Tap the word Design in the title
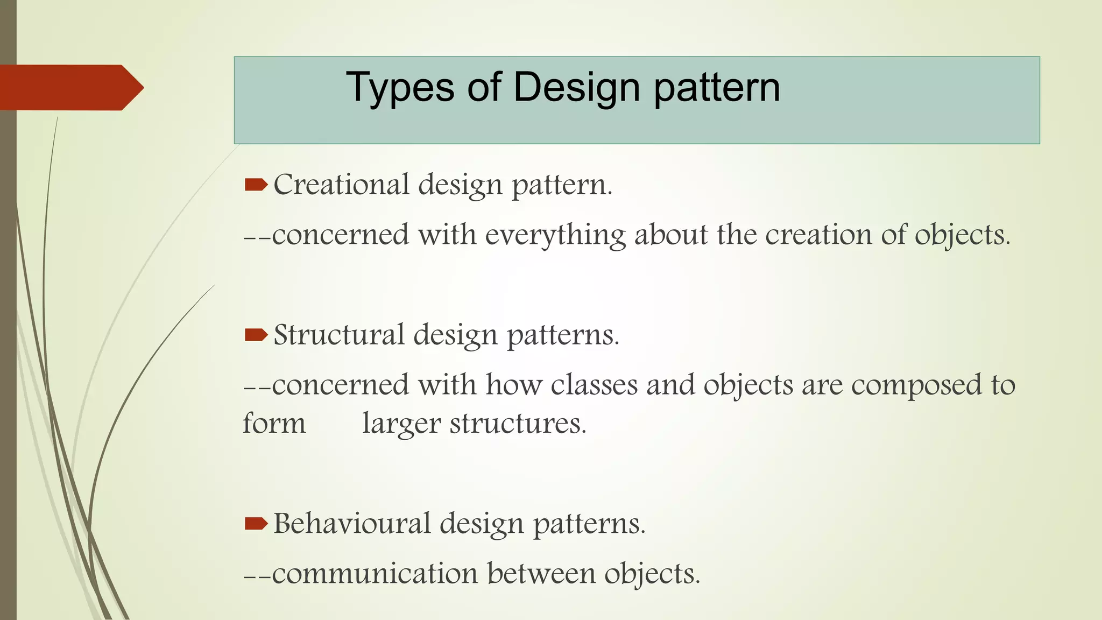click(x=576, y=87)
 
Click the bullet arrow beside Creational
click(x=256, y=186)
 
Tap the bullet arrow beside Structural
click(x=256, y=336)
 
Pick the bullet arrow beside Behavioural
click(x=256, y=524)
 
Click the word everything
click(x=555, y=235)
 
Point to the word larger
click(x=401, y=424)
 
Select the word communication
click(x=375, y=573)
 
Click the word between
click(x=541, y=573)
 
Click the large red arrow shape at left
click(x=70, y=87)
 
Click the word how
click(x=513, y=385)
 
